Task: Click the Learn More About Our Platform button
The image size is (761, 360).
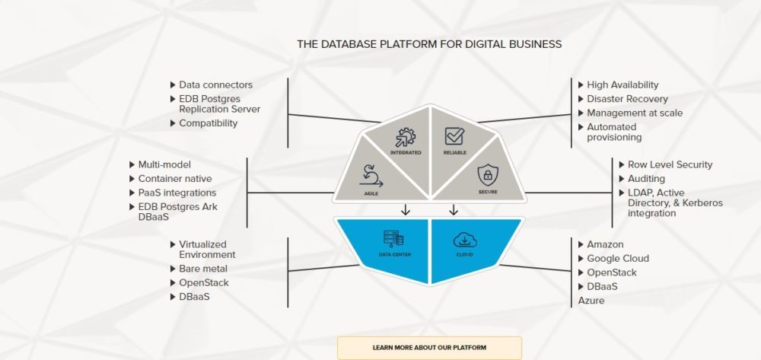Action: tap(429, 348)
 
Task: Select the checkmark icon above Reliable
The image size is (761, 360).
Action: tap(454, 136)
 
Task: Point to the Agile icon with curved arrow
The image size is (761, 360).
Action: tap(371, 175)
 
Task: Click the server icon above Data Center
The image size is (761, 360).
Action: tap(395, 239)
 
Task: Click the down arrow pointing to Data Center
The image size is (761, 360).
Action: tap(406, 209)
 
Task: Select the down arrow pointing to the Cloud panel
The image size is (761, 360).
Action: tap(454, 209)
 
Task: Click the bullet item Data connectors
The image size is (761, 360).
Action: tap(215, 85)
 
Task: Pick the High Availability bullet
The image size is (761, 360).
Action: tap(622, 85)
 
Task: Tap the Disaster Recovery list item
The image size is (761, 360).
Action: tap(627, 99)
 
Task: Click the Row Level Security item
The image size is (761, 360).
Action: tap(670, 164)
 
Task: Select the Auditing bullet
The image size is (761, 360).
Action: tap(646, 179)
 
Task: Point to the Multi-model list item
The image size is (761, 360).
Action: tap(164, 164)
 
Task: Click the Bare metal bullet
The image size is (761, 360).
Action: tap(202, 269)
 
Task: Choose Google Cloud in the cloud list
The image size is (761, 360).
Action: tap(617, 259)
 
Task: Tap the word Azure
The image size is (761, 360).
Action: tap(591, 301)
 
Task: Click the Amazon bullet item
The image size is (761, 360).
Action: tap(605, 245)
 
